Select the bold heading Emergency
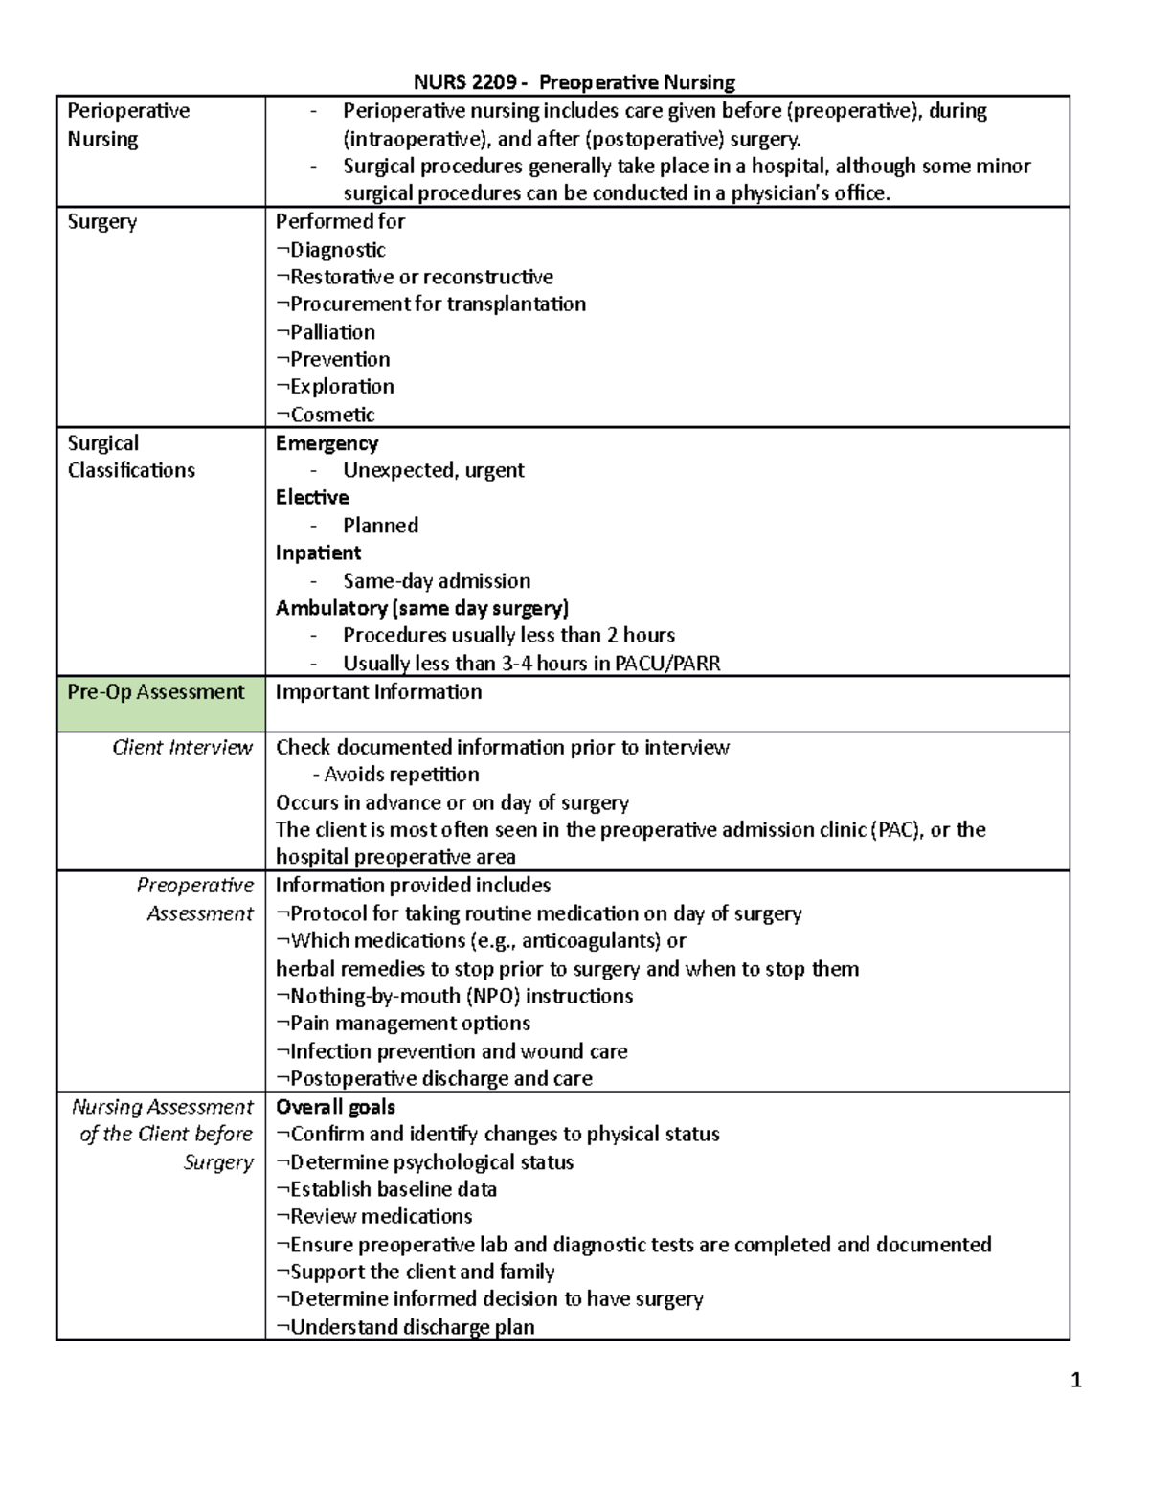tap(327, 443)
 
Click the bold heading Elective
tap(312, 498)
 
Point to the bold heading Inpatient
tap(318, 553)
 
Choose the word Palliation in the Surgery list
tap(332, 332)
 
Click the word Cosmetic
tap(332, 415)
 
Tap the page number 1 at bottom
tap(1076, 1380)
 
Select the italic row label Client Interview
tap(182, 748)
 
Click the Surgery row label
tap(101, 222)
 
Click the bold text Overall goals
tap(335, 1107)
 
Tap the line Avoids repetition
tap(401, 775)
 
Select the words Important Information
tap(378, 692)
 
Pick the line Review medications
tap(380, 1217)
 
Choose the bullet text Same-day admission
tap(437, 581)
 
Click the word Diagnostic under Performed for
tap(337, 250)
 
